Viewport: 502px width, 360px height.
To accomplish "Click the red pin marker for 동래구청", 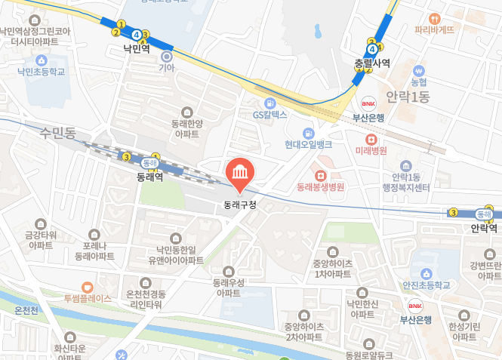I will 240,173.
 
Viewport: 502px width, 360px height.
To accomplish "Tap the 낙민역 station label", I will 137,48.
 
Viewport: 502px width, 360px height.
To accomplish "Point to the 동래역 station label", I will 150,177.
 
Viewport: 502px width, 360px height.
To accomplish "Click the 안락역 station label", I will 484,227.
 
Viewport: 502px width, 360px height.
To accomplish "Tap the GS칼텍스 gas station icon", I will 269,103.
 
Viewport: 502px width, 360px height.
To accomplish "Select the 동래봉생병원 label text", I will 320,186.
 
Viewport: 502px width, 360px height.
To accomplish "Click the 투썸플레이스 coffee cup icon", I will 87,287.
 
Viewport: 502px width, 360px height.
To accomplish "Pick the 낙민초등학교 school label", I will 42,72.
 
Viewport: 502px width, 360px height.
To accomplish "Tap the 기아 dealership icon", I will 166,56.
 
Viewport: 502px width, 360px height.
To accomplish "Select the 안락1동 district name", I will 407,97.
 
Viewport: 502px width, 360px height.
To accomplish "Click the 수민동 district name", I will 59,133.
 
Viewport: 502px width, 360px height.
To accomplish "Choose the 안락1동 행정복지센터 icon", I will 407,165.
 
